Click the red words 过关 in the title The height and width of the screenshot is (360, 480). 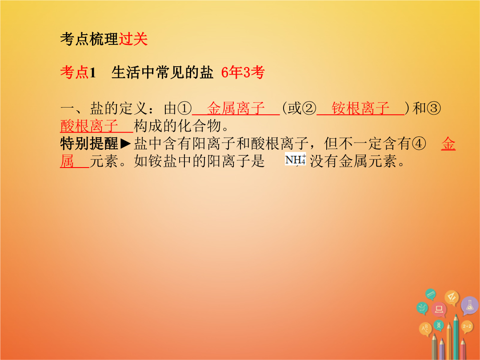[x=133, y=39]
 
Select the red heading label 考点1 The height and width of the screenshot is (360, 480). [x=78, y=73]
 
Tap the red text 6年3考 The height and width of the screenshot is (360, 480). [x=243, y=73]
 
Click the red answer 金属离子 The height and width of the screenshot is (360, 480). [x=236, y=108]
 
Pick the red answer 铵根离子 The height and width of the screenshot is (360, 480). [x=360, y=108]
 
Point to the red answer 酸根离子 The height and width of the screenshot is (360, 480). [x=89, y=125]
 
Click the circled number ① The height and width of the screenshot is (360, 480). [x=185, y=108]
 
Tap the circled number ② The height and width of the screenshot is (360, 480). [x=309, y=108]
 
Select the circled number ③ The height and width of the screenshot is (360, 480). [x=434, y=108]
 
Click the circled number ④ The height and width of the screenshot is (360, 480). [x=419, y=144]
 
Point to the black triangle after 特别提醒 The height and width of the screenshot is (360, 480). [x=125, y=144]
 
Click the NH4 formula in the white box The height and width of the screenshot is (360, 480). [x=296, y=159]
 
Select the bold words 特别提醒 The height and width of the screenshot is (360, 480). [x=89, y=144]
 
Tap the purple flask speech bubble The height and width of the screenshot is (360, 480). [x=469, y=305]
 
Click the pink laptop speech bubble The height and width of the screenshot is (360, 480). [x=439, y=309]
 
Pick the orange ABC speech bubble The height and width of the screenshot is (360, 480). [x=425, y=329]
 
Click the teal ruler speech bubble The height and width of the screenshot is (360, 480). [x=431, y=294]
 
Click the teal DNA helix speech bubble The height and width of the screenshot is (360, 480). [x=439, y=325]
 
